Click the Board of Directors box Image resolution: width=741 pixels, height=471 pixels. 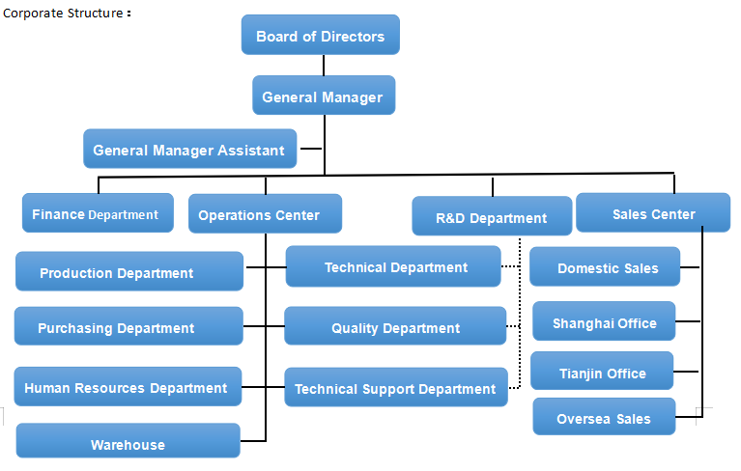coord(320,36)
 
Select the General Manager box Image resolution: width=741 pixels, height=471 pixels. coord(323,97)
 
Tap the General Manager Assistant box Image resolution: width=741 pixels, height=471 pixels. coord(189,150)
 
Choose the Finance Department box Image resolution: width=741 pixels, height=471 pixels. coord(98,214)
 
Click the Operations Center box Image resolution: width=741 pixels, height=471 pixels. coord(265,214)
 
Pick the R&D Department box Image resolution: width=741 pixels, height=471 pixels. coord(492,217)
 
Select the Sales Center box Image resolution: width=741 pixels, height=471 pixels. coord(653,213)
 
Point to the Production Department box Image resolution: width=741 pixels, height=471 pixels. coord(128,272)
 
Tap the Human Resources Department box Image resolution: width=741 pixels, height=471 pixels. coord(128,387)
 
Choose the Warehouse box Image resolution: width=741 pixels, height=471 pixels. coord(128,443)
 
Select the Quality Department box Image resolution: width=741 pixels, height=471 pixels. coord(394,327)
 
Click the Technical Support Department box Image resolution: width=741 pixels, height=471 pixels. coord(394,388)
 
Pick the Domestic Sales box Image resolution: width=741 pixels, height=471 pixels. coord(605,267)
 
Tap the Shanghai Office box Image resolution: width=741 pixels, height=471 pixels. coord(604,322)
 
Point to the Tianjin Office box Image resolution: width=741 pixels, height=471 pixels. coord(603,373)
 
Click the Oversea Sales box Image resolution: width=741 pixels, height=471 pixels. coord(604,418)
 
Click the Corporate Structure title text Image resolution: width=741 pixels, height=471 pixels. coord(64,13)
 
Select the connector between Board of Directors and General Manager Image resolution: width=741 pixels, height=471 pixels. coord(324,65)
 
